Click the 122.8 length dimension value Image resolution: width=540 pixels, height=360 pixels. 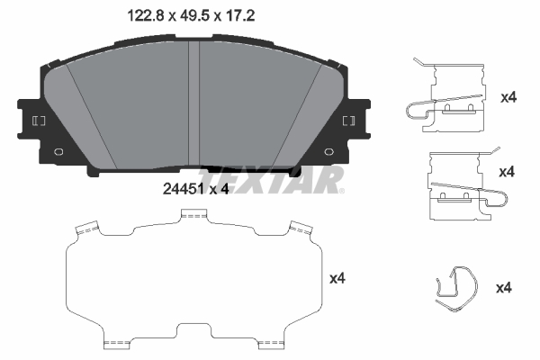point(145,16)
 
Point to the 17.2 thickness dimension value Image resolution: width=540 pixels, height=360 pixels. point(240,16)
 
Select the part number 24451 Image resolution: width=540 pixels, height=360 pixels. point(184,189)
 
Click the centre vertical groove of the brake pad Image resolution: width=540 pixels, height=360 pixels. point(193,103)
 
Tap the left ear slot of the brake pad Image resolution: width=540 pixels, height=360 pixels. point(39,121)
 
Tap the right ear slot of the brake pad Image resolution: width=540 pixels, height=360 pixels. point(349,121)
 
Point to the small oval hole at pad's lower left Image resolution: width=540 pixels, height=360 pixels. point(58,152)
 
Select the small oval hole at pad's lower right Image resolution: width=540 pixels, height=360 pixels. point(329,152)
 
